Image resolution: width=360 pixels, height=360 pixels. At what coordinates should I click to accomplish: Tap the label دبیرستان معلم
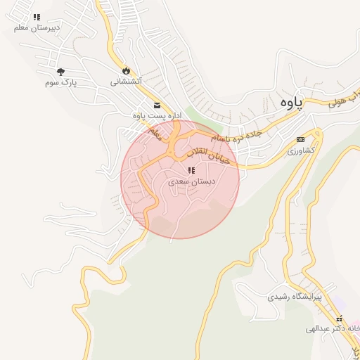[x=34, y=27]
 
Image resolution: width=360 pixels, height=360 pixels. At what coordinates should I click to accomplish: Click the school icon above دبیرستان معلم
[x=37, y=17]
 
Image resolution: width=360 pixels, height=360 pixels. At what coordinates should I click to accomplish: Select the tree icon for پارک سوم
[x=60, y=71]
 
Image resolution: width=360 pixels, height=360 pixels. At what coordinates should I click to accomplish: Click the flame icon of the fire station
[x=126, y=70]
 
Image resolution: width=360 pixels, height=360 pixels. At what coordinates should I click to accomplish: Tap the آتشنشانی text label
[x=126, y=82]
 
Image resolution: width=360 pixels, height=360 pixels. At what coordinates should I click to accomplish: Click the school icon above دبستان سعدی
[x=191, y=170]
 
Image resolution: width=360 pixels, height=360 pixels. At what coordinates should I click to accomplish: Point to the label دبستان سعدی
[x=192, y=181]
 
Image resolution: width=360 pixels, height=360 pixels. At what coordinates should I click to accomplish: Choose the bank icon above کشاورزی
[x=301, y=139]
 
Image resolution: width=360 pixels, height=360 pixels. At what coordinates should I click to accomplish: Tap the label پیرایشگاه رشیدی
[x=294, y=297]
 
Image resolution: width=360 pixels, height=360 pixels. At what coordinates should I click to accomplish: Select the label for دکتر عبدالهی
[x=335, y=328]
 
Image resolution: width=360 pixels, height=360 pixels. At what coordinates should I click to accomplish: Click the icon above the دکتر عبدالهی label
[x=339, y=319]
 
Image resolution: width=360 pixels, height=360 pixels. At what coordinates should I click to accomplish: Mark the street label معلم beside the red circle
[x=155, y=131]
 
